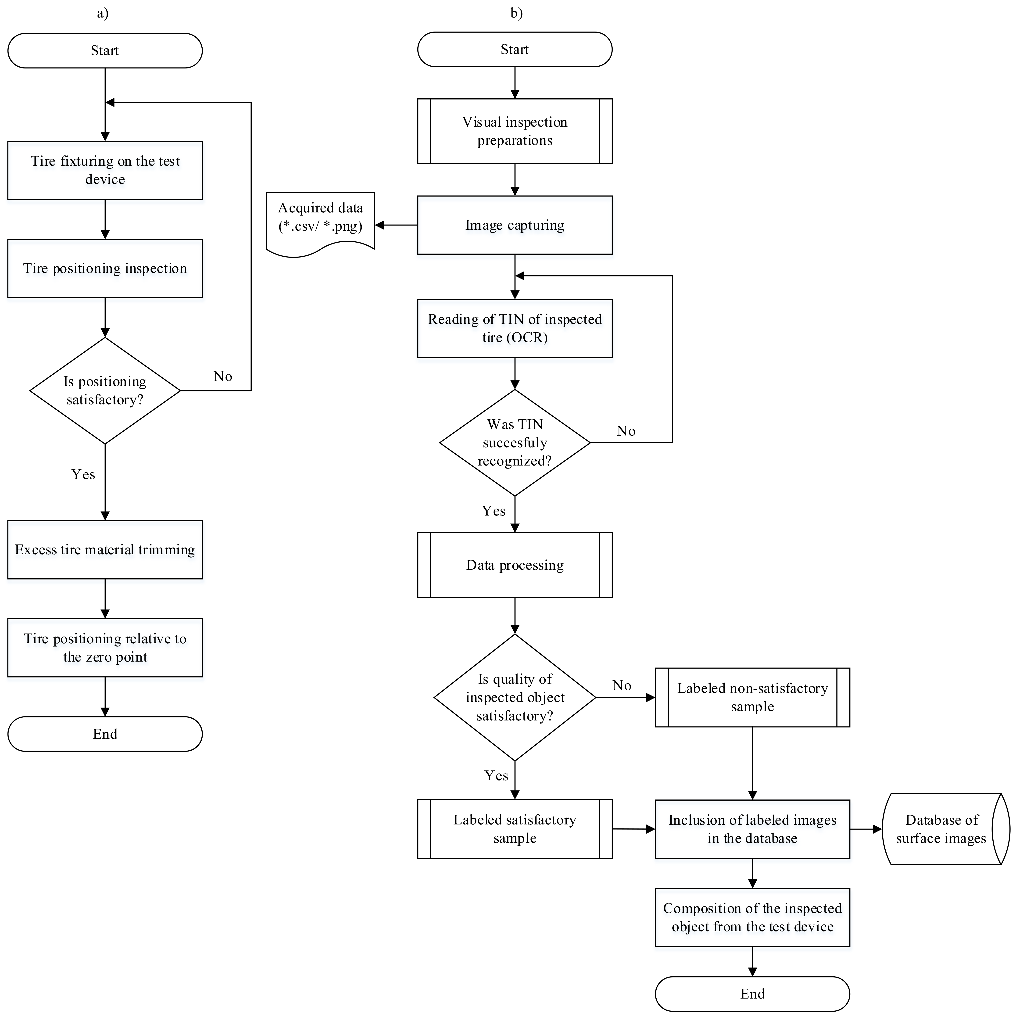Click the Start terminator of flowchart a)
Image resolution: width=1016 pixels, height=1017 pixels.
click(105, 50)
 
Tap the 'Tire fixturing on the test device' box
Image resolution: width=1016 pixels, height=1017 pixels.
click(105, 170)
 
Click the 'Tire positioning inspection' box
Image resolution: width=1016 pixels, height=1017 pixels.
click(105, 269)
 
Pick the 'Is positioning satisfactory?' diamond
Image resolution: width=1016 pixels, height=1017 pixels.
click(105, 390)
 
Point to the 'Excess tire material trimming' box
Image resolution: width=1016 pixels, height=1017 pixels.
click(105, 550)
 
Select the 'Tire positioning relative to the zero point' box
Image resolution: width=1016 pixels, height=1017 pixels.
click(105, 648)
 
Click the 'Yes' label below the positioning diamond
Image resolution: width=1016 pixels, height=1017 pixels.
click(83, 474)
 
